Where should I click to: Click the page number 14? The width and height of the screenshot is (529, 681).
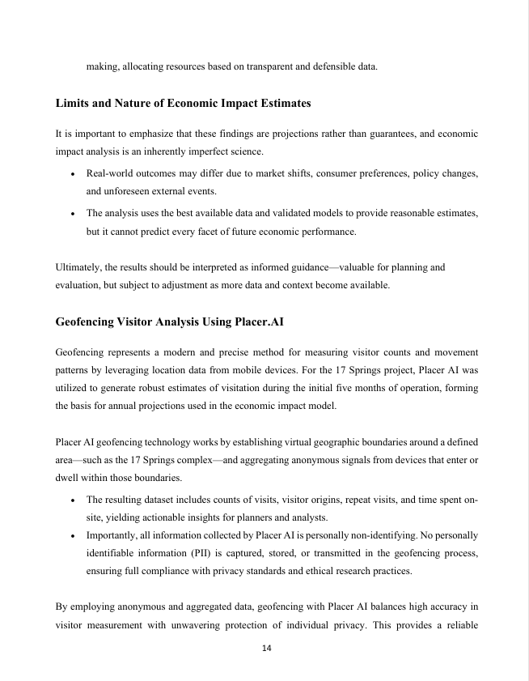click(264, 649)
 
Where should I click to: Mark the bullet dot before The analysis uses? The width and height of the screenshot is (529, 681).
click(74, 213)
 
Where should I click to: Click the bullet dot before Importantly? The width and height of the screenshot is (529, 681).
click(74, 536)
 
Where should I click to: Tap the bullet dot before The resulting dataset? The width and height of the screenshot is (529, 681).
click(74, 500)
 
